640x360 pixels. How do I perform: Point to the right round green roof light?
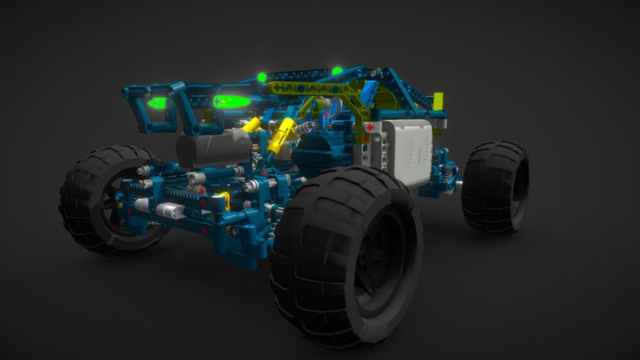point(338,69)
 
